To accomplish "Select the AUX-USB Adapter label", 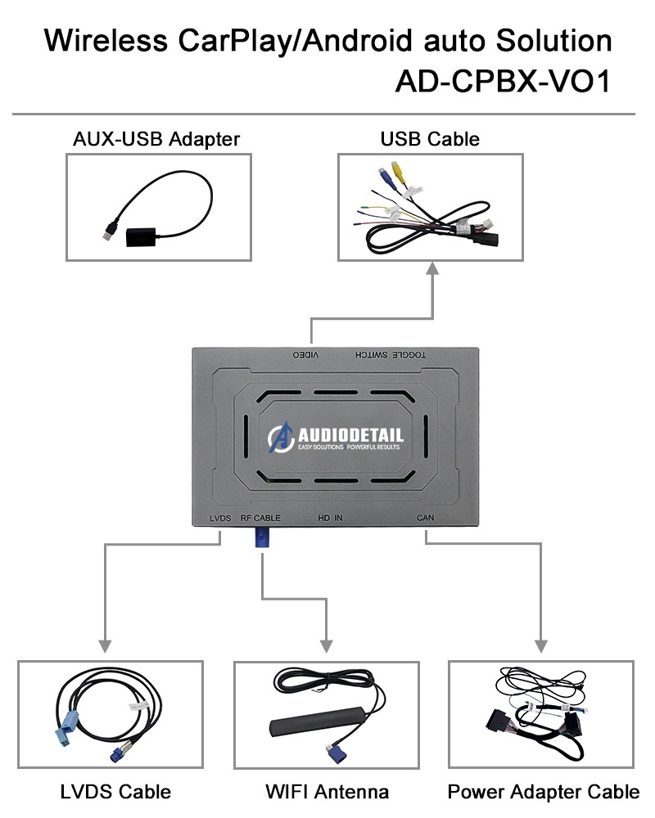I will click(156, 139).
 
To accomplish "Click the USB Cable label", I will click(430, 139).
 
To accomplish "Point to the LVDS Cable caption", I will click(115, 791).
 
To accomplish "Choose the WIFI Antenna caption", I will click(327, 791).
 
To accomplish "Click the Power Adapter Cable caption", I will click(544, 791).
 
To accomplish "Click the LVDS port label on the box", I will click(220, 518).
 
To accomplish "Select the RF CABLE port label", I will click(260, 518).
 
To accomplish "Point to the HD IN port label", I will click(330, 518).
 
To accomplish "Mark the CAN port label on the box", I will click(426, 518).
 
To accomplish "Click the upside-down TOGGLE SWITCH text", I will click(390, 357).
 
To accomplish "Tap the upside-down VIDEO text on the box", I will click(307, 357).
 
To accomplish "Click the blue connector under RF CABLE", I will click(261, 538).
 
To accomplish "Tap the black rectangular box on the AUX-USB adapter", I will click(143, 236).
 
